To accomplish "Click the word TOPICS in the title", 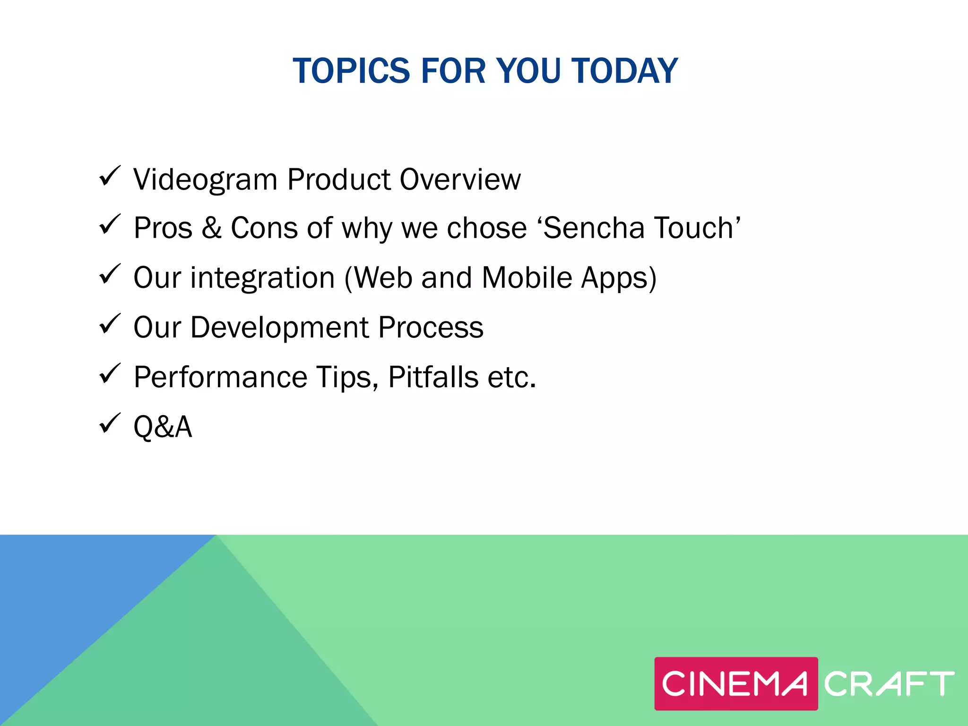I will coord(351,71).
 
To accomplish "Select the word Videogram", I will coord(205,180).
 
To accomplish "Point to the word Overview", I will coord(460,180).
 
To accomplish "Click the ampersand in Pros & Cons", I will coord(211,228).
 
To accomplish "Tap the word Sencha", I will coord(593,228).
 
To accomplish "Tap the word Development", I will coord(279,328).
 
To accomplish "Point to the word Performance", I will coord(221,377).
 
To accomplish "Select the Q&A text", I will coord(163,427).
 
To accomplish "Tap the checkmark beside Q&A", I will coord(110,423).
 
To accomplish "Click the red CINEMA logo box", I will coord(735,683).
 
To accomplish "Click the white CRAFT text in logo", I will coord(889,683).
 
